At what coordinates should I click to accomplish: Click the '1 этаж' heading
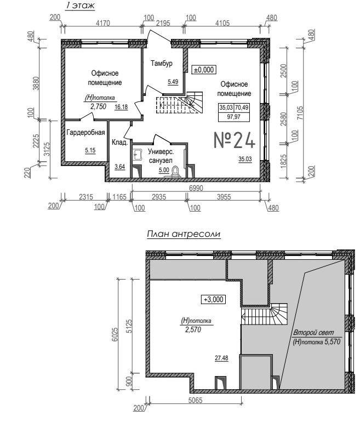click(x=80, y=5)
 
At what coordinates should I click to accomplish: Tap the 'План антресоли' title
click(x=184, y=234)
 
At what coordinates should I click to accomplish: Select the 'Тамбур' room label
click(x=161, y=64)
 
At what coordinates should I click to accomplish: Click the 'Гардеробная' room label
click(x=85, y=132)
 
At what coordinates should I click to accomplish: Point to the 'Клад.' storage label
click(x=119, y=143)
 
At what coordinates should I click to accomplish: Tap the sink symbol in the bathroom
click(x=138, y=155)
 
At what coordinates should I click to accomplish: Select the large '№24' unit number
click(x=234, y=140)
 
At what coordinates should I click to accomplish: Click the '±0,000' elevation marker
click(x=204, y=70)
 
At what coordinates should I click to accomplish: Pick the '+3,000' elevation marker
click(x=214, y=299)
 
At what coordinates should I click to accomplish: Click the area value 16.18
click(x=121, y=107)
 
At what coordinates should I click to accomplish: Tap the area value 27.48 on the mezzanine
click(x=221, y=358)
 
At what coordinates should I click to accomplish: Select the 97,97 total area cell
click(x=233, y=117)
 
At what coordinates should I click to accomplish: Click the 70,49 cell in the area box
click(x=242, y=107)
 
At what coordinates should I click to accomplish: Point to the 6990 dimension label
click(x=196, y=188)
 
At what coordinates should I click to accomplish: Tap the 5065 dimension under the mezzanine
click(x=195, y=401)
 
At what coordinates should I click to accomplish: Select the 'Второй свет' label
click(x=313, y=332)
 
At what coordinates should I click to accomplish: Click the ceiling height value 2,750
click(x=98, y=106)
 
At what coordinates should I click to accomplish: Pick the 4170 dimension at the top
click(x=103, y=23)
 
